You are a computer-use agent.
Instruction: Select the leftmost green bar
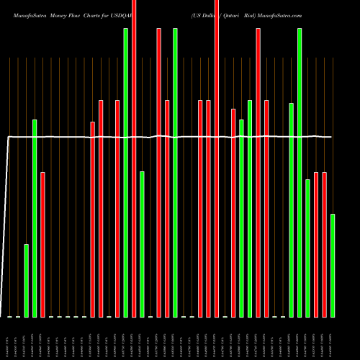(x=27, y=281)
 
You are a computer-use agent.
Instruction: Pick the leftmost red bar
(x=42, y=245)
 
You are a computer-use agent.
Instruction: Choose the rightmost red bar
(x=325, y=245)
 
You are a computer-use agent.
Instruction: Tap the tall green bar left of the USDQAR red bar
(x=126, y=173)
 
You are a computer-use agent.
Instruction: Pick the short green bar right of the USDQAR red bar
(x=143, y=244)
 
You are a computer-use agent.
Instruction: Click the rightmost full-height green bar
(x=300, y=173)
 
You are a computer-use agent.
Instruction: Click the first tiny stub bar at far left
(x=9, y=316)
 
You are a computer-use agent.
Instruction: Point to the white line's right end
(x=331, y=137)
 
